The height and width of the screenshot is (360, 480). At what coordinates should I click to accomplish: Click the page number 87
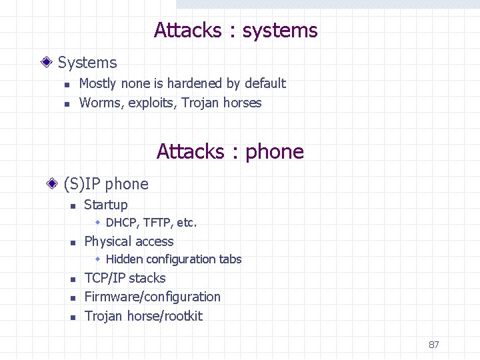[x=433, y=345]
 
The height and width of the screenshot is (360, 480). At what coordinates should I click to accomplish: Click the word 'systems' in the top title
[x=280, y=31]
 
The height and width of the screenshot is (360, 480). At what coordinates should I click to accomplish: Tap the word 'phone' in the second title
[x=275, y=152]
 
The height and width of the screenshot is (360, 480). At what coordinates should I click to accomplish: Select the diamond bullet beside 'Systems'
[x=46, y=63]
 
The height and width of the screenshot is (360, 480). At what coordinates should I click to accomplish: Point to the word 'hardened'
[x=195, y=83]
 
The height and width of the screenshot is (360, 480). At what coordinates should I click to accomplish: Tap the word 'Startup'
[x=106, y=205]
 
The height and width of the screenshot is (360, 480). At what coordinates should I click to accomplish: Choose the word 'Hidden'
[x=124, y=259]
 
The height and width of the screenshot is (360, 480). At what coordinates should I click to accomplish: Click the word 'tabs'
[x=229, y=259]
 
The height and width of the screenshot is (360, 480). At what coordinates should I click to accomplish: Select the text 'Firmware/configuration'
[x=152, y=297]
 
